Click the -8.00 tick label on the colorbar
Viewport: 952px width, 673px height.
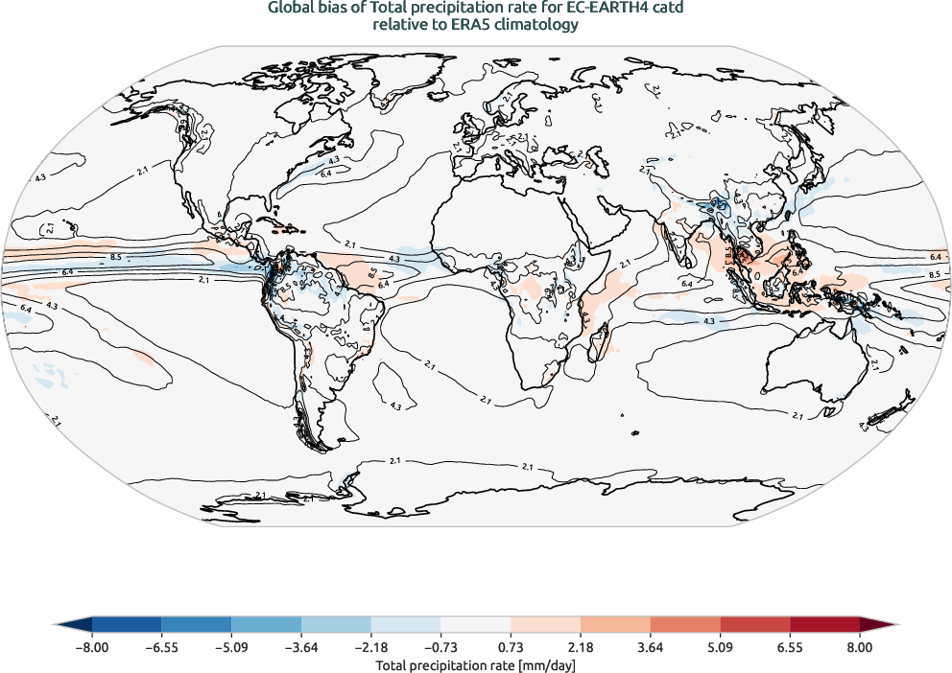point(92,647)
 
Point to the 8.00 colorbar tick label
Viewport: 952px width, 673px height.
point(860,647)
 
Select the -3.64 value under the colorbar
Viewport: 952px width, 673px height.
point(301,647)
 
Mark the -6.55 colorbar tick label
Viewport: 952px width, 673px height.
point(161,647)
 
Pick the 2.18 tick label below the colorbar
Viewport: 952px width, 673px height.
point(581,647)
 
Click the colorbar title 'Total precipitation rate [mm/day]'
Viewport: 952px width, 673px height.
point(475,664)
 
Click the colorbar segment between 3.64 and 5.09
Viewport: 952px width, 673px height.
point(685,624)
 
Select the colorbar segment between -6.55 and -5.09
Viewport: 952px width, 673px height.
point(197,624)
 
